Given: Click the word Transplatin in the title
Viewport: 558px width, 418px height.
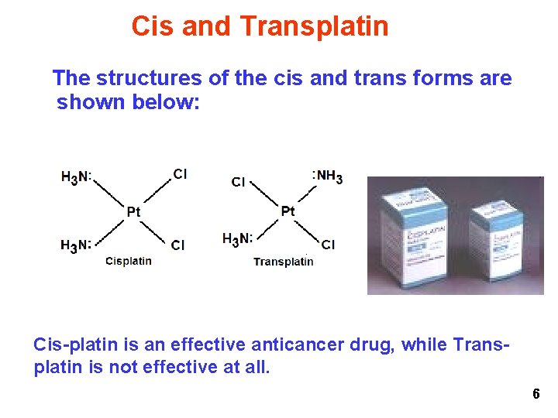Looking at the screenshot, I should [x=314, y=26].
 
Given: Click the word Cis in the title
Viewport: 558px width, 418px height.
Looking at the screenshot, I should [x=149, y=26].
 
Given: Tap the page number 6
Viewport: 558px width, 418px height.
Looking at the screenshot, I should [x=536, y=395].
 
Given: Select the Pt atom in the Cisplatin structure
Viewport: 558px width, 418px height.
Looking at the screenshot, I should [x=134, y=211].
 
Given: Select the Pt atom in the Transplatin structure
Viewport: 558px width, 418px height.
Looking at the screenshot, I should [x=288, y=211].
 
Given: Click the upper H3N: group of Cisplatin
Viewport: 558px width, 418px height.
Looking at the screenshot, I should [x=76, y=177].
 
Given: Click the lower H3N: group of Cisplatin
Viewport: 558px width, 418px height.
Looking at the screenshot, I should [x=76, y=245].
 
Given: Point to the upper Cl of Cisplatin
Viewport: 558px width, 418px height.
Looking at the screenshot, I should [x=180, y=174].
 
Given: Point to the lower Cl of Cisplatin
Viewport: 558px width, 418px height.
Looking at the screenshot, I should [x=178, y=245].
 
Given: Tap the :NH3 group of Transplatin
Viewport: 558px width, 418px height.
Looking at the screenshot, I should [x=327, y=176].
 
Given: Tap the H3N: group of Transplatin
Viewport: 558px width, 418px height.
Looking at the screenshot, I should [x=237, y=238].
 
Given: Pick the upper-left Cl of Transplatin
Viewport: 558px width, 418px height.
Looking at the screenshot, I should [x=239, y=182].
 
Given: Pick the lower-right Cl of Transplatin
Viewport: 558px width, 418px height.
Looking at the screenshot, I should [x=328, y=245].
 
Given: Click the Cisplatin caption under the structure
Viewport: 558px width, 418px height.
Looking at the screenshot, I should [x=129, y=261].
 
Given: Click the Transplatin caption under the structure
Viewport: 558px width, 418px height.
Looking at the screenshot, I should [x=284, y=262].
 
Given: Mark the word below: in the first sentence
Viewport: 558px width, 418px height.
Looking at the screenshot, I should [x=166, y=102].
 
